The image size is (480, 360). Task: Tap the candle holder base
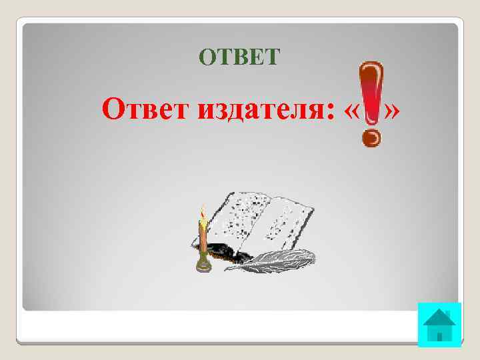tap(203, 265)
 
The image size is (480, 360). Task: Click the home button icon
tap(440, 325)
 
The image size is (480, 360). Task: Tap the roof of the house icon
tap(440, 317)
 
